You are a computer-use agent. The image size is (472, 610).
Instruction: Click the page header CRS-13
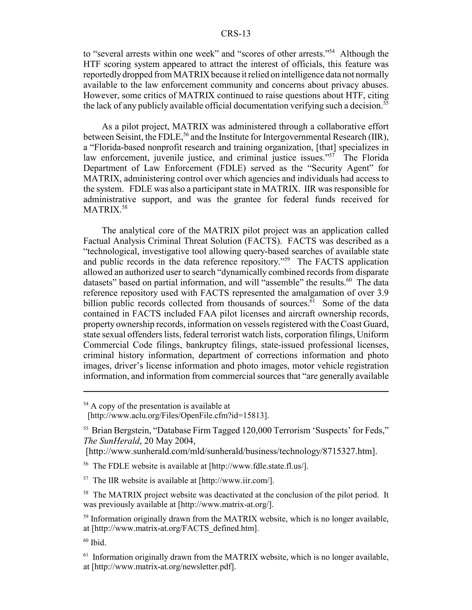[236, 34]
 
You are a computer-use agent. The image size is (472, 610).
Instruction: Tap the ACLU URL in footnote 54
[178, 415]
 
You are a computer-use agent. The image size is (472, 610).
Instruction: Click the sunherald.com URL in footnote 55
[231, 451]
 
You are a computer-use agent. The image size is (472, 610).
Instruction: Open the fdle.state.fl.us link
[258, 466]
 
